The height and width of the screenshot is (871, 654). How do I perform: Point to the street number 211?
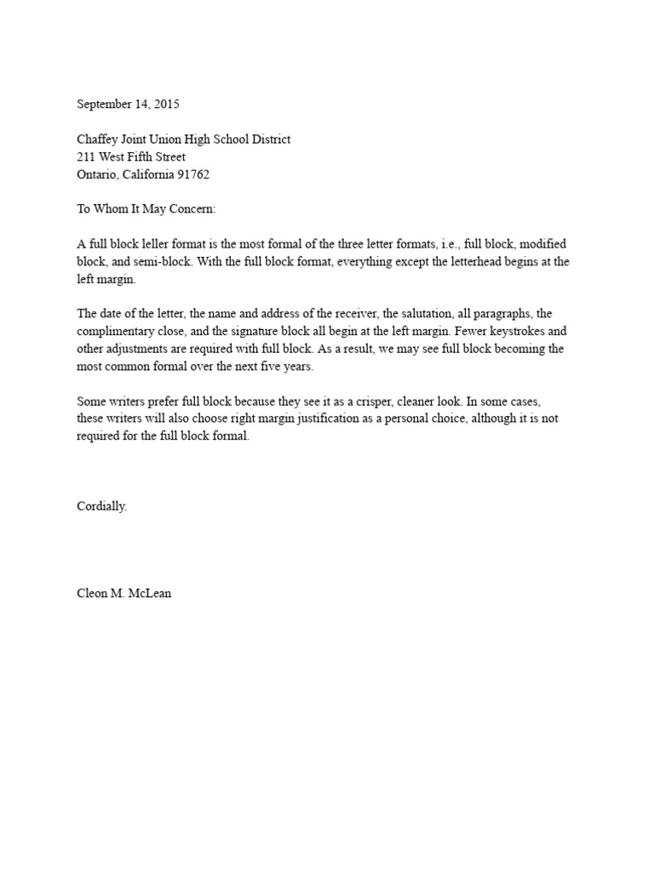pyautogui.click(x=86, y=157)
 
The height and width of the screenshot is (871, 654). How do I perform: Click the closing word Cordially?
pyautogui.click(x=103, y=506)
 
